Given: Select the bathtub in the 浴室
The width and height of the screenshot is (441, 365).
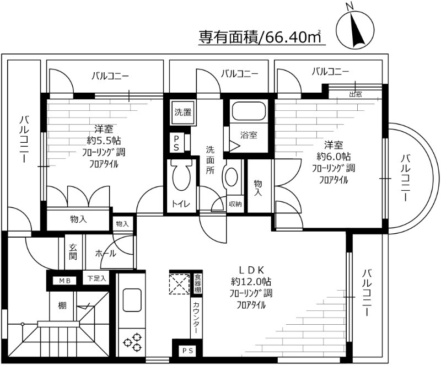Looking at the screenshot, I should click(x=249, y=111).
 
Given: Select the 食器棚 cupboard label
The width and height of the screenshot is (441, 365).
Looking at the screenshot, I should click(x=197, y=283).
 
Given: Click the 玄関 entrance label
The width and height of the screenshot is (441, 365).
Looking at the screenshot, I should click(x=74, y=253).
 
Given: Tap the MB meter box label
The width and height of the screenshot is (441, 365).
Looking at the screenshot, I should click(x=65, y=281).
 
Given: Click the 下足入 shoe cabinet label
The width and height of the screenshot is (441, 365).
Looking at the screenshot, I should click(x=98, y=278).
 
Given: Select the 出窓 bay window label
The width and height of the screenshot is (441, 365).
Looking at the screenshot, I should click(x=355, y=94).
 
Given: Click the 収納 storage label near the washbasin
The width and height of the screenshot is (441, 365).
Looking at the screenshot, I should click(x=235, y=204).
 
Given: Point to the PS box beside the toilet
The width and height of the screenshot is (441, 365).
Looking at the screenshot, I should click(x=176, y=143).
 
